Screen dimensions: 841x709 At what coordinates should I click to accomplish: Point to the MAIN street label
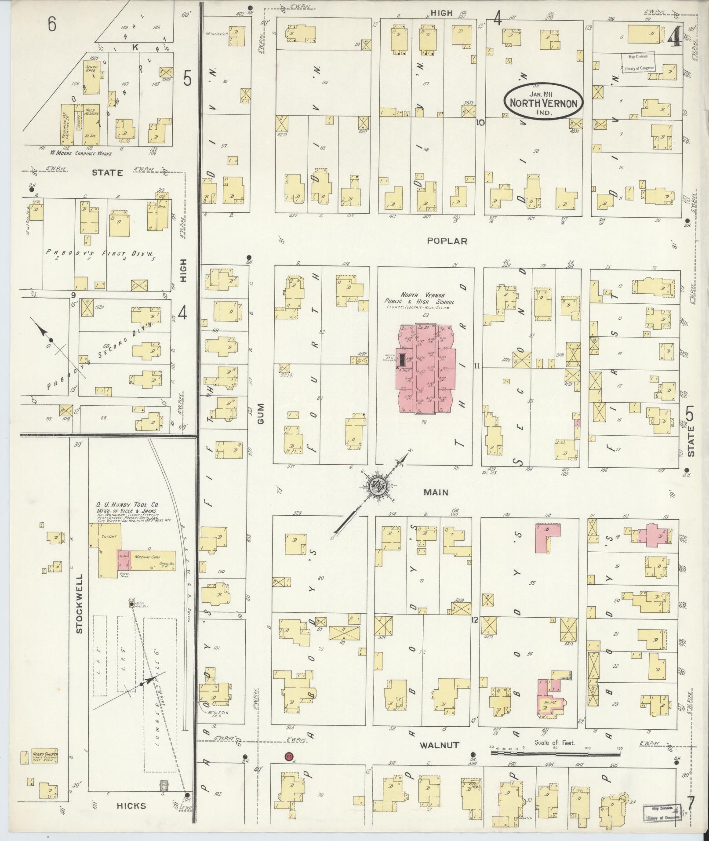436,492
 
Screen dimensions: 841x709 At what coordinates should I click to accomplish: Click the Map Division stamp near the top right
638,62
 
